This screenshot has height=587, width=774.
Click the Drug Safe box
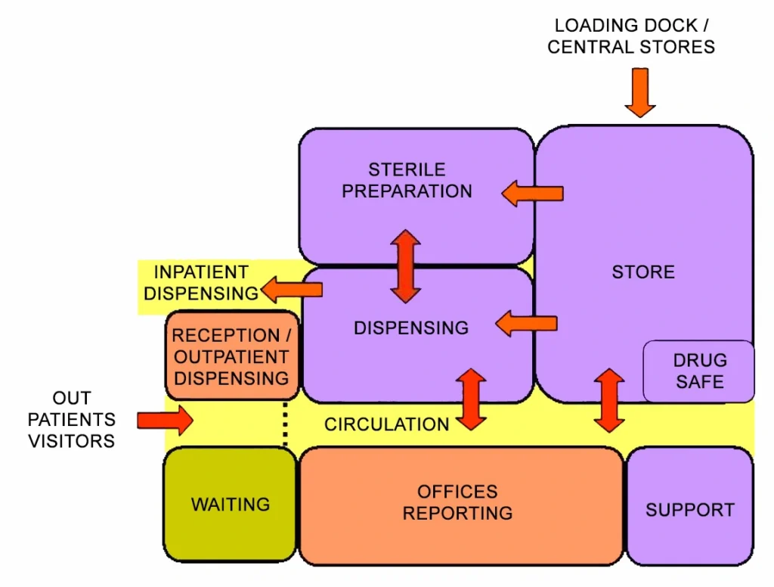pyautogui.click(x=699, y=371)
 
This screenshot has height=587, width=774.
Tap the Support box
pyautogui.click(x=689, y=509)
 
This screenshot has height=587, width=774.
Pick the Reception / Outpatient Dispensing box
pyautogui.click(x=231, y=356)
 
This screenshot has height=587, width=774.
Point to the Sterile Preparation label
pyautogui.click(x=407, y=181)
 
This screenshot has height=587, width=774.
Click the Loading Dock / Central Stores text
pyautogui.click(x=631, y=36)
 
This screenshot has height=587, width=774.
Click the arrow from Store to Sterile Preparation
pyautogui.click(x=533, y=193)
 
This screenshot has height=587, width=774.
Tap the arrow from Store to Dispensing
pyautogui.click(x=527, y=325)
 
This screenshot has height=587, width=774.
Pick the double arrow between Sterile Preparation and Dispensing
pyautogui.click(x=405, y=266)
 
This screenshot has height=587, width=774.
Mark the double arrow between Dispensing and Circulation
pyautogui.click(x=471, y=399)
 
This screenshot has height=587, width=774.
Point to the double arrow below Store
pyautogui.click(x=609, y=400)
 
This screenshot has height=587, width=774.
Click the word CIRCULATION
pyautogui.click(x=386, y=424)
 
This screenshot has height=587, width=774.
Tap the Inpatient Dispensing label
pyautogui.click(x=200, y=283)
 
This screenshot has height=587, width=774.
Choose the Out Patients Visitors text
pyautogui.click(x=73, y=419)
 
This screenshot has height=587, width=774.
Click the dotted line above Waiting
pyautogui.click(x=286, y=425)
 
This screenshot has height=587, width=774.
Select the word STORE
pyautogui.click(x=643, y=272)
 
